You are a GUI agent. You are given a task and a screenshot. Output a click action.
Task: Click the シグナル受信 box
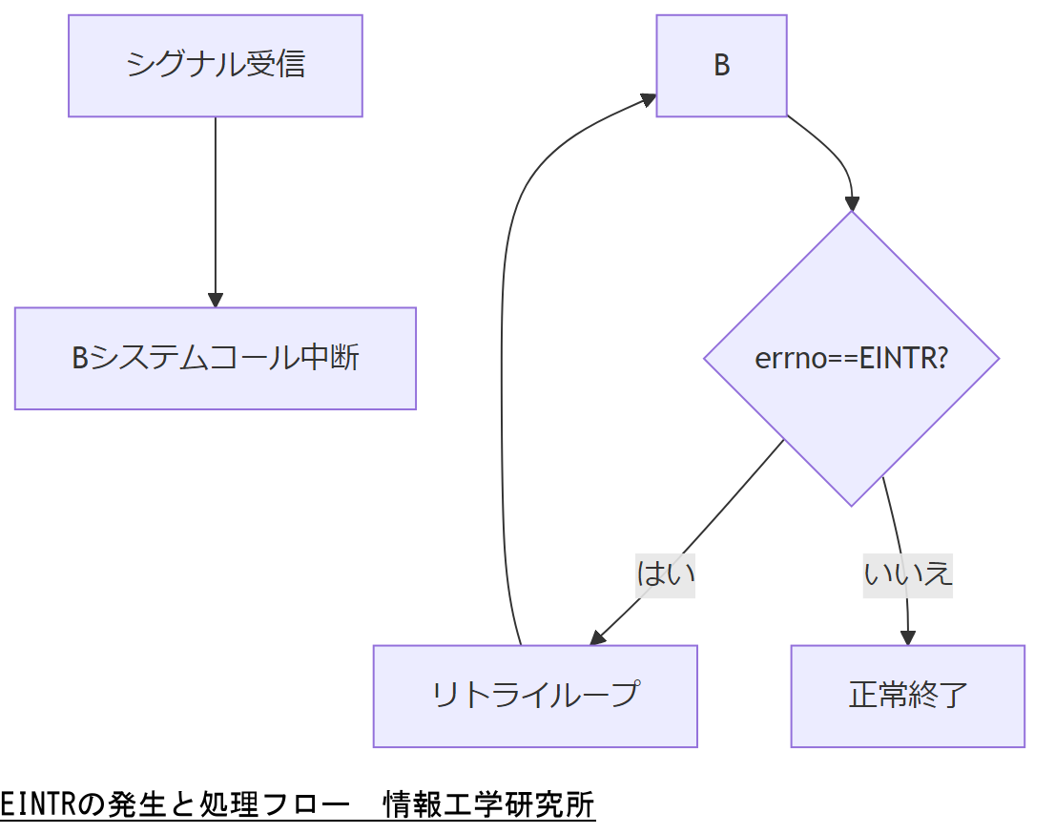(x=216, y=66)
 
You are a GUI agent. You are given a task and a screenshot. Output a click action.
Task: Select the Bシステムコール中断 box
(x=216, y=358)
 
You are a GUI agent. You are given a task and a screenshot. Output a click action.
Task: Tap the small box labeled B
(x=721, y=66)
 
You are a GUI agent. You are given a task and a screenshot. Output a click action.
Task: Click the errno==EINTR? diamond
(x=851, y=358)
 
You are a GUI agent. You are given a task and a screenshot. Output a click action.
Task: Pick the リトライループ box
(x=535, y=696)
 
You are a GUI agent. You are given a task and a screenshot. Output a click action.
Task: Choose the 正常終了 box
(x=907, y=696)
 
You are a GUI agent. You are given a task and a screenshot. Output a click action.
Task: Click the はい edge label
(x=665, y=573)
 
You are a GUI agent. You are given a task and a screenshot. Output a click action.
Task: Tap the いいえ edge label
(x=908, y=573)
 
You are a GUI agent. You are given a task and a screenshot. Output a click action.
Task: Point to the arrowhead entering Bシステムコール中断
(x=216, y=300)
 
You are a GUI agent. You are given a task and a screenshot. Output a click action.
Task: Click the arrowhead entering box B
(x=649, y=99)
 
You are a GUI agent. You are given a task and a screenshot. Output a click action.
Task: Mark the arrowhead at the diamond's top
(x=852, y=203)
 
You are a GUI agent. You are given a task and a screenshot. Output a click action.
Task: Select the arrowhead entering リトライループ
(x=598, y=637)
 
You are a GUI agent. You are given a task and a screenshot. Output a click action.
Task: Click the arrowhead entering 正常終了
(x=908, y=637)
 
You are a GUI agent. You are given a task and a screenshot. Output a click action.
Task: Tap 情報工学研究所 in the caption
(x=488, y=805)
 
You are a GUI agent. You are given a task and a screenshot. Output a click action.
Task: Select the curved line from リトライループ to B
(x=503, y=382)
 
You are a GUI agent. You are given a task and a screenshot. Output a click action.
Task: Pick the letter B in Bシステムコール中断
(x=80, y=358)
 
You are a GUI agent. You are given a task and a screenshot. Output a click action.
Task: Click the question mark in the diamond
(x=941, y=358)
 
